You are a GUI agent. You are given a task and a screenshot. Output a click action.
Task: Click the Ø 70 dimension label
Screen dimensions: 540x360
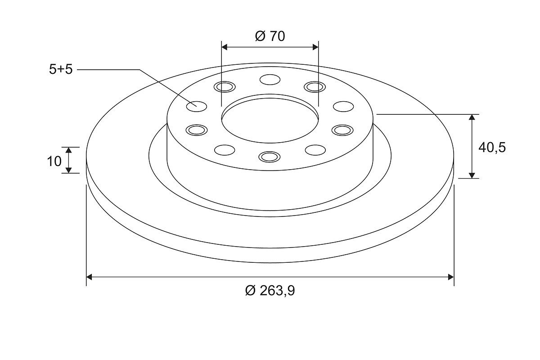pyautogui.click(x=270, y=36)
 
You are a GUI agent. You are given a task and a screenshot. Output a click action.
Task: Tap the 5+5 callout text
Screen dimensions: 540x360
pyautogui.click(x=61, y=69)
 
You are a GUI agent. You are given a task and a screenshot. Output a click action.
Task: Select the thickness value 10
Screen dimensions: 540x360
pyautogui.click(x=54, y=161)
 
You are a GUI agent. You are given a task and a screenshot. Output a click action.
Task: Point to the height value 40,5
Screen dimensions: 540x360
pyautogui.click(x=492, y=147)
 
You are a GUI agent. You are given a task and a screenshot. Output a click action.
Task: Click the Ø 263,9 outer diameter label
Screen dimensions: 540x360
pyautogui.click(x=270, y=291)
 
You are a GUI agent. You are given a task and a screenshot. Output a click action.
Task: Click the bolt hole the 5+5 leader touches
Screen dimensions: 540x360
pyautogui.click(x=197, y=106)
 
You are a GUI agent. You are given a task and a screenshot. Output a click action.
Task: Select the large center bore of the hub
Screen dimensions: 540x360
pyautogui.click(x=270, y=119)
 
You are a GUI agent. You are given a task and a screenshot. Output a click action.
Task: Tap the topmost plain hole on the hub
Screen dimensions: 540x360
pyautogui.click(x=270, y=80)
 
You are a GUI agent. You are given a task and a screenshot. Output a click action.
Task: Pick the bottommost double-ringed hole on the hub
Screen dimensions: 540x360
pyautogui.click(x=269, y=157)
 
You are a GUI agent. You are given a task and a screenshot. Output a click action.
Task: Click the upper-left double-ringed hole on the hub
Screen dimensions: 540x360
pyautogui.click(x=225, y=87)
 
